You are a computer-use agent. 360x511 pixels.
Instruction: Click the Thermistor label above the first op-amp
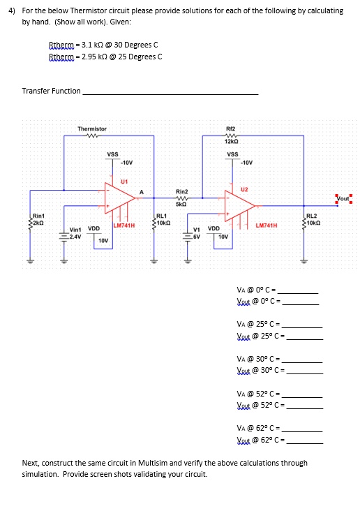pyautogui.click(x=92, y=128)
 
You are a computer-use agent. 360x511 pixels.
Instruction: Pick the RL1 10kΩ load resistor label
pyautogui.click(x=161, y=219)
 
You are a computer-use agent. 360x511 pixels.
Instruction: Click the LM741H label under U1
pyautogui.click(x=123, y=225)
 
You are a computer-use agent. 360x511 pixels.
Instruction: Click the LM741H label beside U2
pyautogui.click(x=267, y=225)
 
